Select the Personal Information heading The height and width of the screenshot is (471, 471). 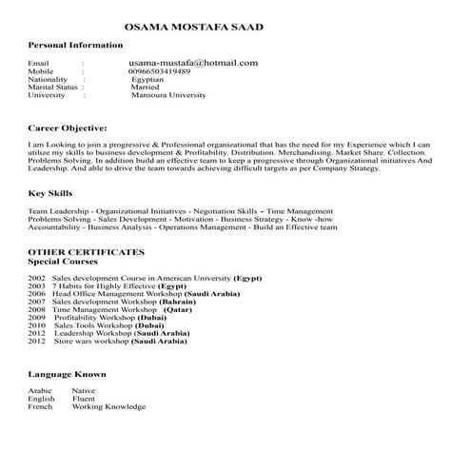[x=75, y=46]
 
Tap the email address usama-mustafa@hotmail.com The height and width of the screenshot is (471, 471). [x=193, y=63]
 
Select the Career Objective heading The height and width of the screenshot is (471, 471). [x=68, y=127]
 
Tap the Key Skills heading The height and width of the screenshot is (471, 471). [x=50, y=193]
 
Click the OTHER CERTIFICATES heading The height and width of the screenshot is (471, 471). [x=86, y=251]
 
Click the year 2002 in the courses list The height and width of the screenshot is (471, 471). [x=37, y=277]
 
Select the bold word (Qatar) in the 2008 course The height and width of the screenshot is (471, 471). [x=178, y=310]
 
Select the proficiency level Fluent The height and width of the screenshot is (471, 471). [x=84, y=399]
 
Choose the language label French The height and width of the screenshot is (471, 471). [x=40, y=406]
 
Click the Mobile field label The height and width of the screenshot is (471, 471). [x=41, y=71]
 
